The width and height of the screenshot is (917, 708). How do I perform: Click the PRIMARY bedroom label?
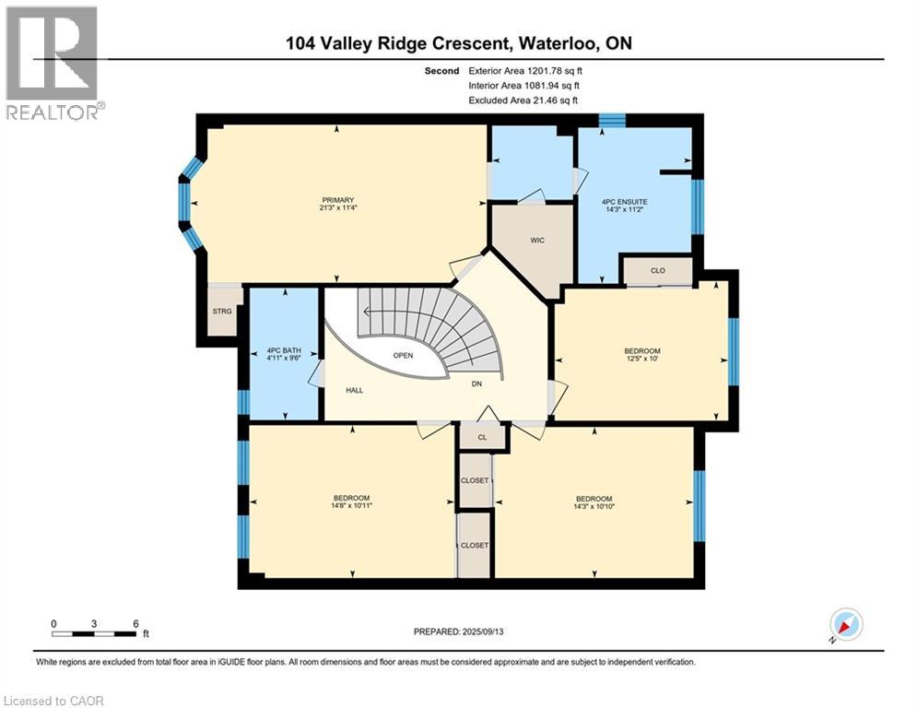click(x=338, y=200)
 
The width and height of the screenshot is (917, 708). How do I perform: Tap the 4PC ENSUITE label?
click(x=625, y=202)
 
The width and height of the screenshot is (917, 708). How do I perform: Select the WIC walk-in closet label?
click(x=537, y=241)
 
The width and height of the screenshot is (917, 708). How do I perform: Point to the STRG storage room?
click(x=222, y=312)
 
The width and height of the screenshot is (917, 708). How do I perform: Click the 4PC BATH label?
click(x=284, y=350)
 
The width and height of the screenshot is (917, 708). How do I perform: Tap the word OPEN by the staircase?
click(x=403, y=355)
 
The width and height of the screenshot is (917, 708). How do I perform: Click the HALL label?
click(x=355, y=390)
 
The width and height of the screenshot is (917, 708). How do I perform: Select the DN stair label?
click(x=476, y=383)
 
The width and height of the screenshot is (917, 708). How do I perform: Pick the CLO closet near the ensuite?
click(x=658, y=270)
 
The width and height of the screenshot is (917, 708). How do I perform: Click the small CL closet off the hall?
click(x=482, y=437)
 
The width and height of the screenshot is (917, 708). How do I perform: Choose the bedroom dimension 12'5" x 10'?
click(x=642, y=359)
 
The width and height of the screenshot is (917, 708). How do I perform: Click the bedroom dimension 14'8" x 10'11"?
click(x=351, y=505)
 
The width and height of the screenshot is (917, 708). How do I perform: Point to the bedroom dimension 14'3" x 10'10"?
click(x=594, y=507)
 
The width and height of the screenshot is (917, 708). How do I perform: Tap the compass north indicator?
click(x=846, y=625)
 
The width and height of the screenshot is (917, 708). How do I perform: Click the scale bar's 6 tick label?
click(x=135, y=624)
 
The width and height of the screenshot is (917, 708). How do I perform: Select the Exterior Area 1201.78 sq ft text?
click(x=525, y=71)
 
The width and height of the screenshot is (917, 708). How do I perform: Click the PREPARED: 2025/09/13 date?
click(x=459, y=631)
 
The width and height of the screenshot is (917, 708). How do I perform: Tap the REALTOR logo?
click(x=53, y=63)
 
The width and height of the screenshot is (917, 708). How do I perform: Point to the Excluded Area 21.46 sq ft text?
click(x=523, y=100)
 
